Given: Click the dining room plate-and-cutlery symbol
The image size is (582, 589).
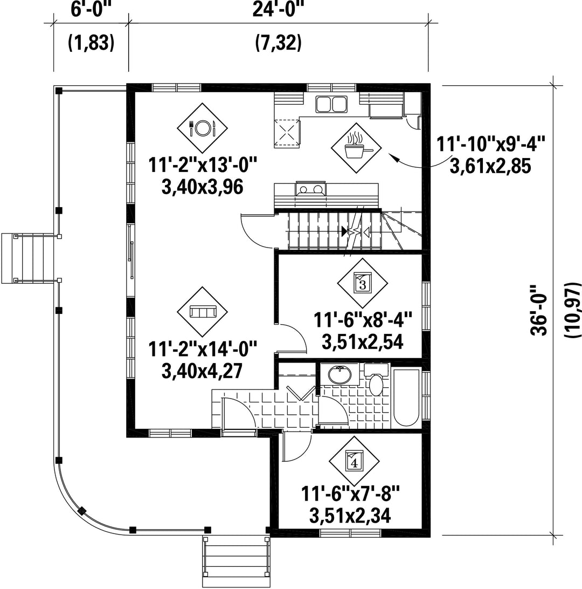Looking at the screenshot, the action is coord(202,128).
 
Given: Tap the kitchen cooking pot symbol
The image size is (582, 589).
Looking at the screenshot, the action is coord(356,148).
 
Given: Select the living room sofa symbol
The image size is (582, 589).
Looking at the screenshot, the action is coord(202,312).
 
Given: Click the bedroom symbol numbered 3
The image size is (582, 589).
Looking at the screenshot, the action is coord(363,283).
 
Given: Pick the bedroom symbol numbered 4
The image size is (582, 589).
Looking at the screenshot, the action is coord(354,461).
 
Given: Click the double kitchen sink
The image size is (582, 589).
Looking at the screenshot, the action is coord(331,105).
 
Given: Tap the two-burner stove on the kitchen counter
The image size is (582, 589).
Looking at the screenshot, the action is coord(311,189).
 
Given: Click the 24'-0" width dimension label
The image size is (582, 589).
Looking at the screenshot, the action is coord(278,9).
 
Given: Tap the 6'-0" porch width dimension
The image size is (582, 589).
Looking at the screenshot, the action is coord(91,9).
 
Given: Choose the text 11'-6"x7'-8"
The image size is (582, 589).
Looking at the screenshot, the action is coord(350,494).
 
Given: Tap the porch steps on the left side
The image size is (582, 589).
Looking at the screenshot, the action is coord(29,258).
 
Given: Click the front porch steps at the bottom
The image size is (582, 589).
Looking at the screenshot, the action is coord(236,561).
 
